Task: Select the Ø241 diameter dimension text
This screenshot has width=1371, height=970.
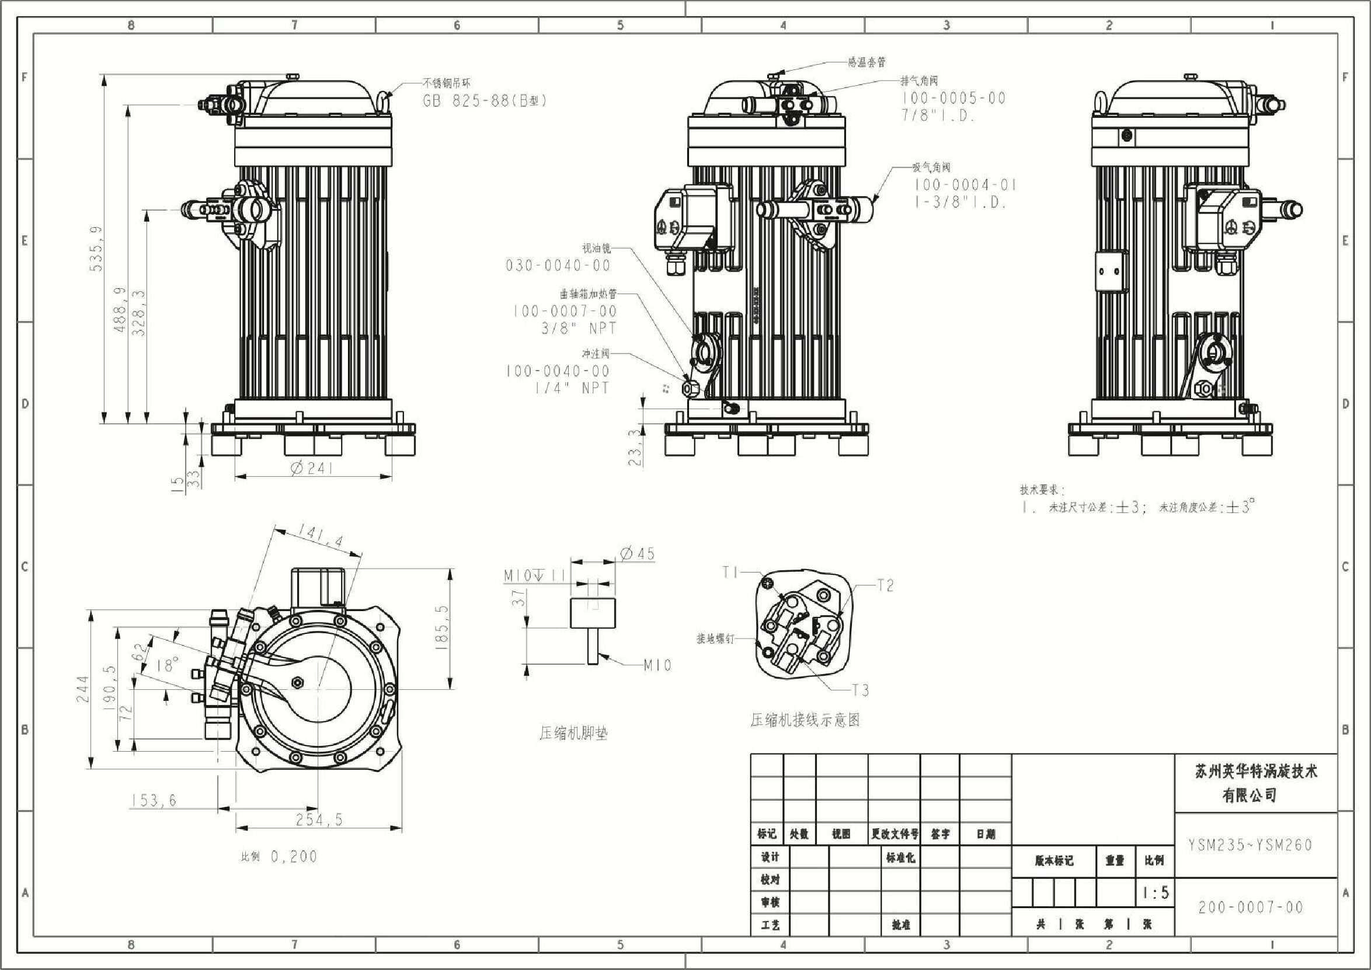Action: coord(313,468)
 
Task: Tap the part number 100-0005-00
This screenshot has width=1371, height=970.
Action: coord(954,98)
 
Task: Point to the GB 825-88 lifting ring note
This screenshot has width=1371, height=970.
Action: coord(485,100)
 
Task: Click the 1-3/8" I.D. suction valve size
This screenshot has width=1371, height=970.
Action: coord(961,203)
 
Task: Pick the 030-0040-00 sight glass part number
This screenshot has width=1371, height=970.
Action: coord(558,265)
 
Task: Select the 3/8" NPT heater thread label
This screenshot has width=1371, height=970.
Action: coord(578,328)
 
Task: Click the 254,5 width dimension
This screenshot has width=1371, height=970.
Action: coord(319,819)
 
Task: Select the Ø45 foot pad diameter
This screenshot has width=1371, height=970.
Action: coord(638,554)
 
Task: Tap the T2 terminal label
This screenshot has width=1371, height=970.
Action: coord(885,585)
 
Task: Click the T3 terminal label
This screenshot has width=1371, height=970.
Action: coord(860,690)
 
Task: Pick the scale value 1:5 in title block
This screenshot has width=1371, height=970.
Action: coord(1156,893)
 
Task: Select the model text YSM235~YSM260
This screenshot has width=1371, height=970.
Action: coord(1250,845)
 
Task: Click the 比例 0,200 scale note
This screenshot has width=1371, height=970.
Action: coord(279,857)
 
